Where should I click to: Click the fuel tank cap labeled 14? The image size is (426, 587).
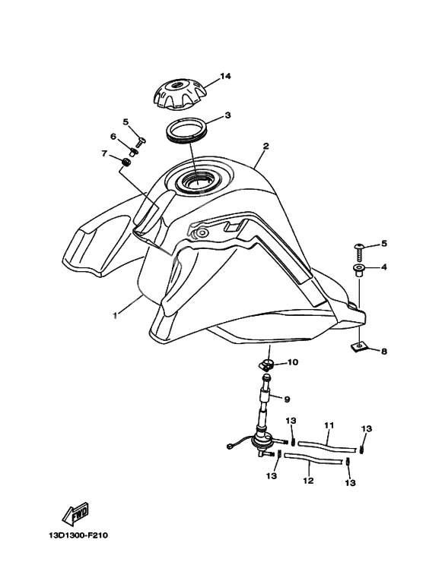(x=178, y=95)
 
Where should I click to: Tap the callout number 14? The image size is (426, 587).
(x=225, y=77)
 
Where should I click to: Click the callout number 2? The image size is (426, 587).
(x=265, y=146)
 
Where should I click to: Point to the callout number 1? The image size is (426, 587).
(x=116, y=315)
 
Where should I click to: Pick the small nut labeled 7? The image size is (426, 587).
(x=126, y=163)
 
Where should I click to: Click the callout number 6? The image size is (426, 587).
(x=113, y=137)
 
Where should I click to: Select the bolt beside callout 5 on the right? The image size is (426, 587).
(x=359, y=252)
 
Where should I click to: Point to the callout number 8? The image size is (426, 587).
(x=384, y=351)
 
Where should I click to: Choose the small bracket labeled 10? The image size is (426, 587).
(x=266, y=365)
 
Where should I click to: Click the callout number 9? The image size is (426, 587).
(x=287, y=399)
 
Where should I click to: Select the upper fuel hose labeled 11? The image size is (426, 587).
(x=327, y=445)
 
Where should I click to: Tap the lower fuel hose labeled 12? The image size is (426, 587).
(x=313, y=459)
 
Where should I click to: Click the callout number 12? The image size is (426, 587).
(x=308, y=480)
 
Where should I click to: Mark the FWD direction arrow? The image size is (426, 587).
(x=75, y=513)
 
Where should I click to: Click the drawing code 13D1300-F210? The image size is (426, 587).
(x=78, y=535)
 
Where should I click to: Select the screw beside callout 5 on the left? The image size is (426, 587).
(x=141, y=142)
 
